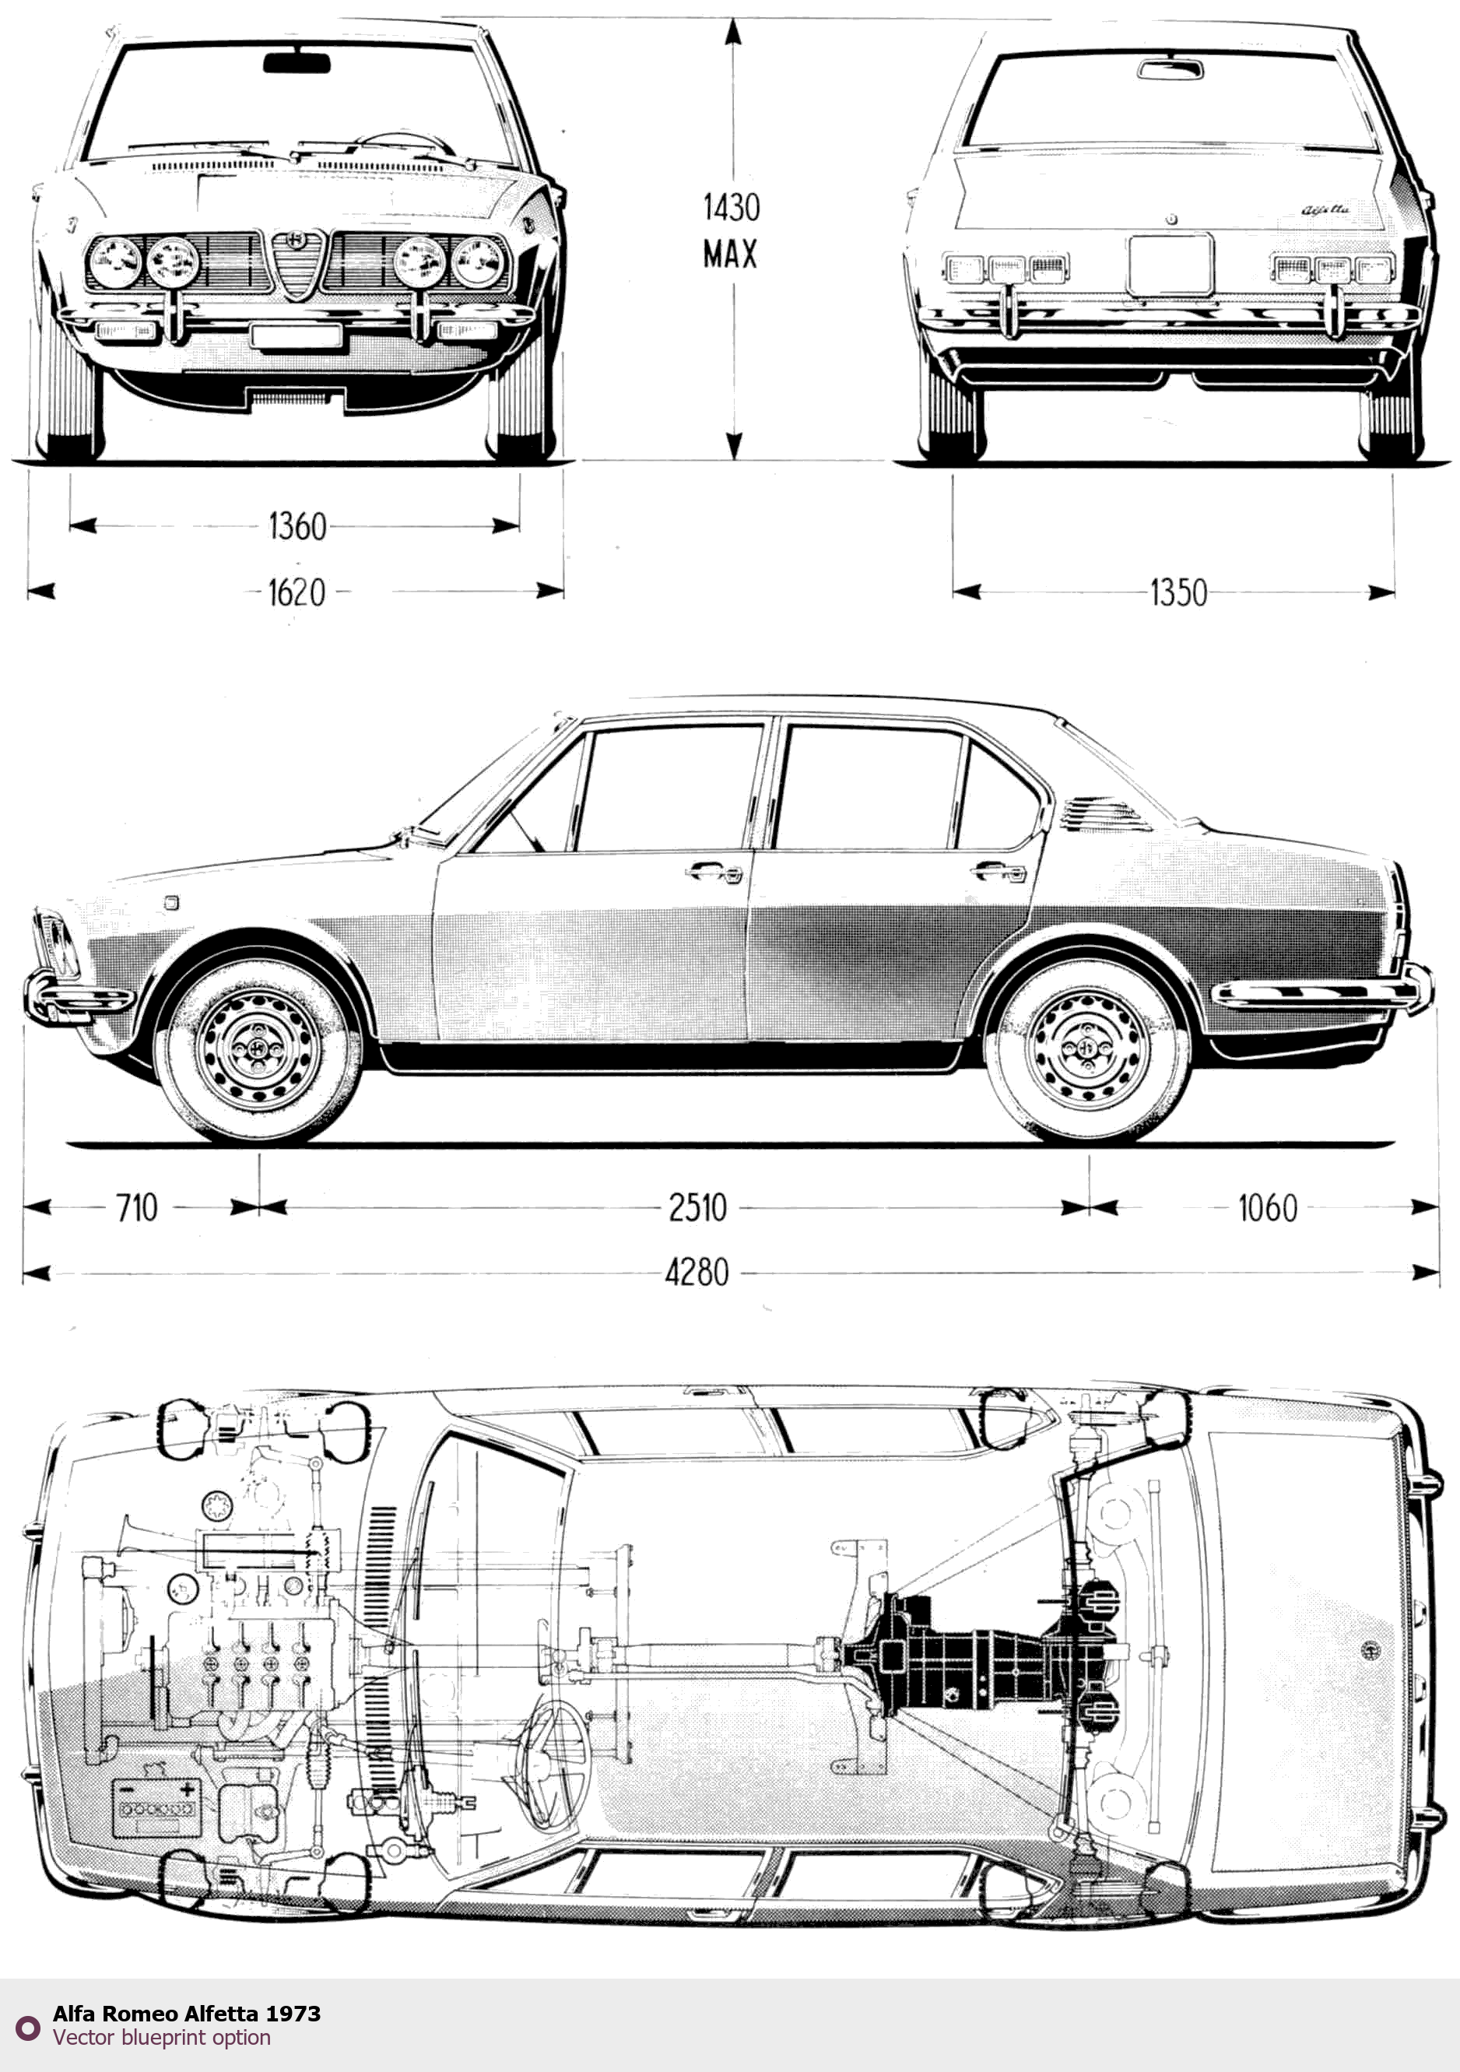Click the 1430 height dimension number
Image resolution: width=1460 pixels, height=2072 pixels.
731,209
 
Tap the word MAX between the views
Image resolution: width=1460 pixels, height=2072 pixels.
730,255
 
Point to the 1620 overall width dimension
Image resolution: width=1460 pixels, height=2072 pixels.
296,593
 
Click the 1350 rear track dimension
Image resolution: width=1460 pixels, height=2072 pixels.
1177,593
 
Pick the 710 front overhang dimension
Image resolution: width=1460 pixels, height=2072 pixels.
136,1207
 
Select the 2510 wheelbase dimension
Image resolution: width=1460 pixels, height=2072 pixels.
697,1207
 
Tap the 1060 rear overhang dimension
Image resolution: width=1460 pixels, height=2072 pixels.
1267,1207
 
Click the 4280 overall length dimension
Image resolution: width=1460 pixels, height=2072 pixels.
697,1273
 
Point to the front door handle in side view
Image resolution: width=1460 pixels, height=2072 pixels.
714,872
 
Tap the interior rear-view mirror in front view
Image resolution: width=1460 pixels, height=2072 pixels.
297,63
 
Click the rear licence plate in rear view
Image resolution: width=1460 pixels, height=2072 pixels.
1170,265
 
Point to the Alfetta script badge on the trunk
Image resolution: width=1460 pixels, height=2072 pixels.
1325,209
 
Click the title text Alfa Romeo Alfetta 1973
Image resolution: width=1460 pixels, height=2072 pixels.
187,2014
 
